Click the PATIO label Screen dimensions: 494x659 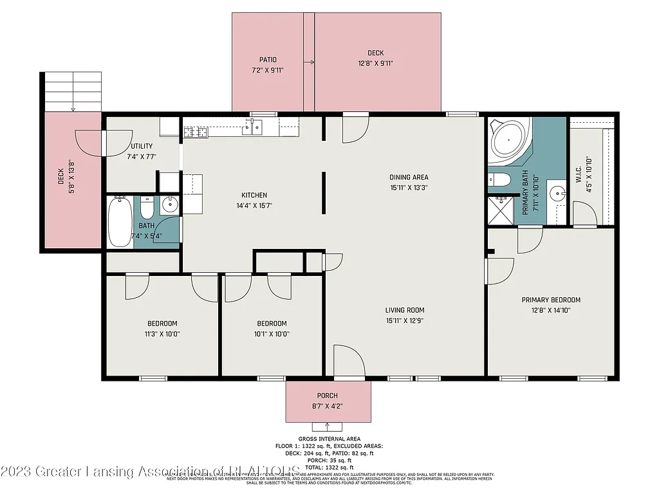click(x=268, y=59)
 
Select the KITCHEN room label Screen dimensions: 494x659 click(x=254, y=195)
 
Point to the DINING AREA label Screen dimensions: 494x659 click(x=409, y=177)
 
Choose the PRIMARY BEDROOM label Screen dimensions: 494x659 click(x=551, y=300)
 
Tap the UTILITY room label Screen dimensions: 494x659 click(x=141, y=135)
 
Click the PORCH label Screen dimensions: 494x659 click(x=328, y=396)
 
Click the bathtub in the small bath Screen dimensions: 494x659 click(x=120, y=222)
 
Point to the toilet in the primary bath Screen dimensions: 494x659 click(x=499, y=179)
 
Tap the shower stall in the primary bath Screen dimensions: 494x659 click(x=501, y=210)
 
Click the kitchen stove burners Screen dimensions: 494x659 click(x=194, y=133)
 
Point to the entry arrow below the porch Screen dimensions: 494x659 click(x=328, y=426)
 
